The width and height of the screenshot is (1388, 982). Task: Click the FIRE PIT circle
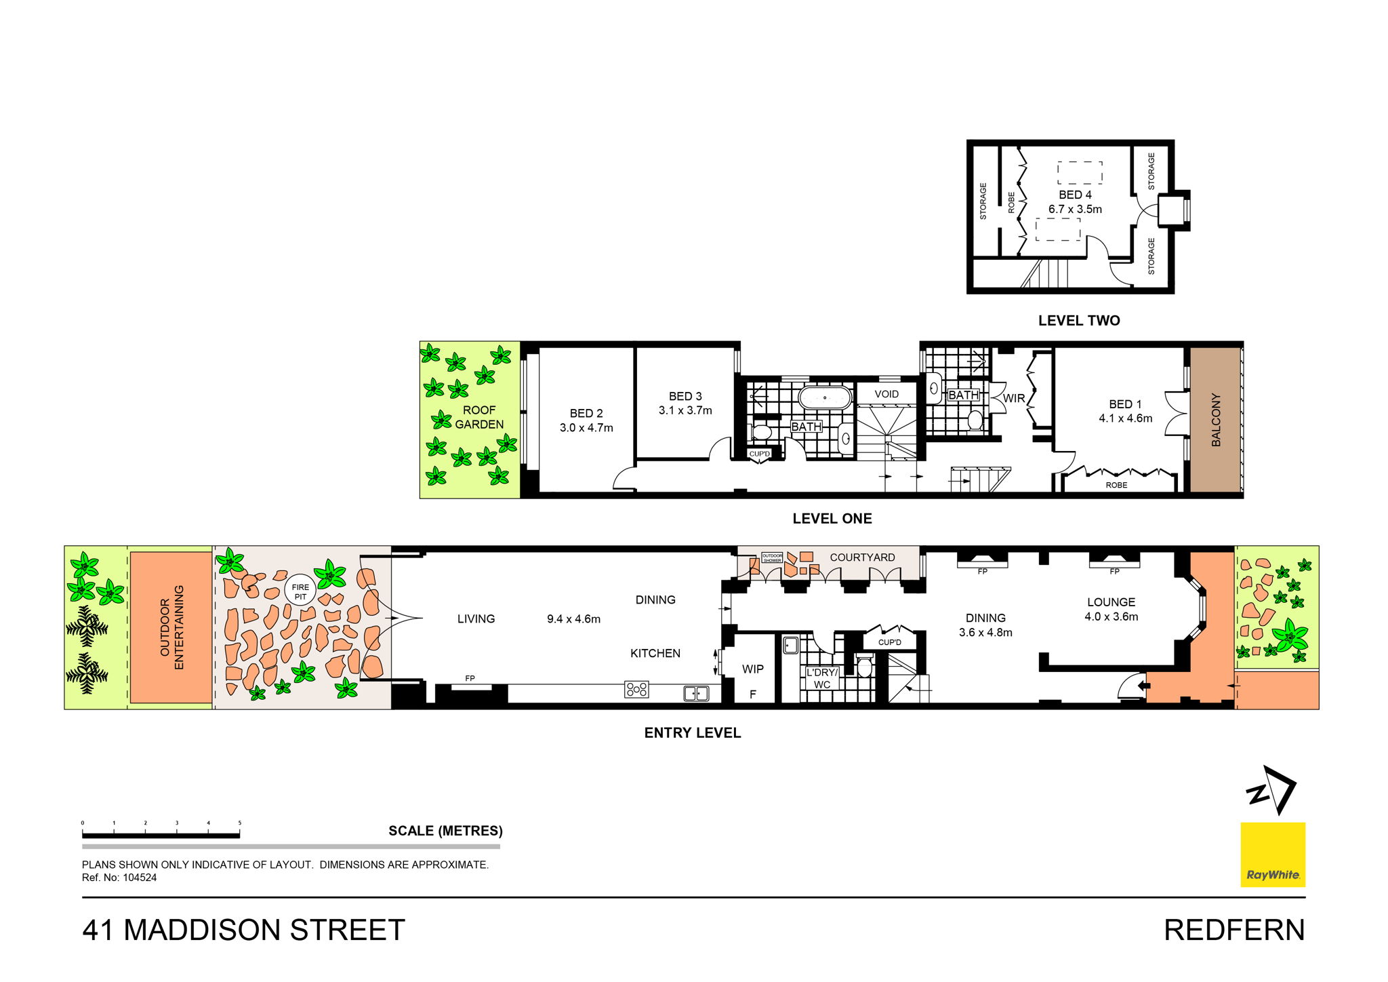pyautogui.click(x=300, y=591)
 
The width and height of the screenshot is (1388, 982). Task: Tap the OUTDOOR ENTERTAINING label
pyautogui.click(x=171, y=627)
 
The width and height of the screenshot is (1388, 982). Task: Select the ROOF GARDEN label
pyautogui.click(x=479, y=417)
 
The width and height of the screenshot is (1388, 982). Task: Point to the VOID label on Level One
pyautogui.click(x=886, y=394)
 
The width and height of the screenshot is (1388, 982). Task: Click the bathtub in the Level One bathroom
pyautogui.click(x=825, y=397)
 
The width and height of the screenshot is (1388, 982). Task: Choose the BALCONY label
pyautogui.click(x=1216, y=420)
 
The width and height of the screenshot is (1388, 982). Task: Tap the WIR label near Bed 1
pyautogui.click(x=1014, y=399)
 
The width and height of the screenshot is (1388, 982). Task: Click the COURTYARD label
pyautogui.click(x=862, y=557)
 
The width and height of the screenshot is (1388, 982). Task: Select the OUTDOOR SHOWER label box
pyautogui.click(x=772, y=557)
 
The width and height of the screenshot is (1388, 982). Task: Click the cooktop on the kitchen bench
pyautogui.click(x=637, y=690)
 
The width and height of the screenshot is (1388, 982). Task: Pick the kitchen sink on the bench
pyautogui.click(x=696, y=693)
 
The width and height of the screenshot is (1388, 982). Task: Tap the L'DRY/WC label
pyautogui.click(x=822, y=678)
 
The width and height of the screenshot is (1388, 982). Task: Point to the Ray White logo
pyautogui.click(x=1273, y=855)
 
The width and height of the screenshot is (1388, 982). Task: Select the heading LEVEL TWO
pyautogui.click(x=1079, y=321)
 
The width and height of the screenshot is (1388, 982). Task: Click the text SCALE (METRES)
pyautogui.click(x=445, y=831)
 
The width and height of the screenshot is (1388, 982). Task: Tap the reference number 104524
pyautogui.click(x=139, y=878)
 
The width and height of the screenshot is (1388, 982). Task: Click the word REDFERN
pyautogui.click(x=1234, y=930)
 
